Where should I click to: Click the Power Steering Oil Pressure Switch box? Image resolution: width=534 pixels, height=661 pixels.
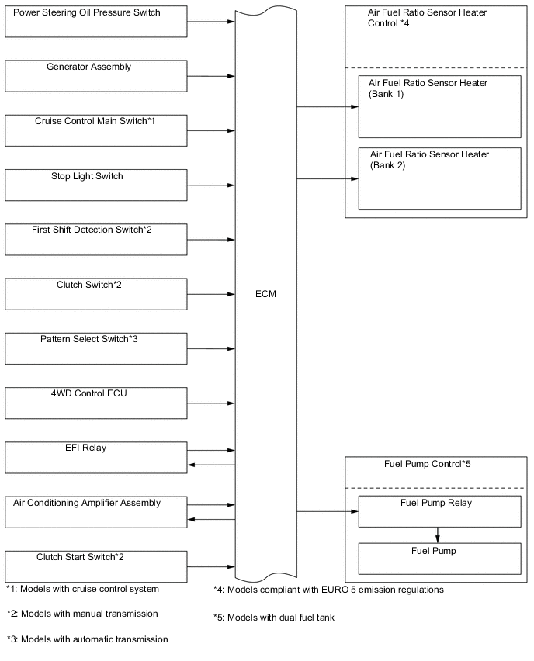coord(95,21)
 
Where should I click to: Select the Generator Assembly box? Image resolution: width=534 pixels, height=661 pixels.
coord(95,75)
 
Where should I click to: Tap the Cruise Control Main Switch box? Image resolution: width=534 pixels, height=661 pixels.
coord(95,130)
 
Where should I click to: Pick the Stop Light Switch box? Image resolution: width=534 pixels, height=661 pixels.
coord(95,185)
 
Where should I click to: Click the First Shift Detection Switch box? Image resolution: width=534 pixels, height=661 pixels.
coord(95,239)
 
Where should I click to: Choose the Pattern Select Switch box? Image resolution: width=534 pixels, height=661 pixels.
coord(95,348)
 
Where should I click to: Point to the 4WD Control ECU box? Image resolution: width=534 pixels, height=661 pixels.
coord(95,403)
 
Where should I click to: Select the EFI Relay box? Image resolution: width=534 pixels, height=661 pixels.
coord(95,457)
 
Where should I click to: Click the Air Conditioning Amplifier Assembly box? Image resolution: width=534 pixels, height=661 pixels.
coord(95,512)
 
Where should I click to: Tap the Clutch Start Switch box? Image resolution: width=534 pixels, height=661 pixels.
coord(95,566)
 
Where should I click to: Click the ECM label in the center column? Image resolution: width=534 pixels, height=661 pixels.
coord(265,295)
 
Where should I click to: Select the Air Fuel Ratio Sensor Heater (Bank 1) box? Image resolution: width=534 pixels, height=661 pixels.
coord(439,106)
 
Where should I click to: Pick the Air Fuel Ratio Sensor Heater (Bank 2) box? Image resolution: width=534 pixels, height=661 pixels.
coord(439,178)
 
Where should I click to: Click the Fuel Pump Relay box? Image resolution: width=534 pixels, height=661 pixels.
coord(439,511)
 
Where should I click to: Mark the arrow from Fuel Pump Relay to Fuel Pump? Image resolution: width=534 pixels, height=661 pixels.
coord(439,535)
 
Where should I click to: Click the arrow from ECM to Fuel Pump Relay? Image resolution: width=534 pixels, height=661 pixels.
coord(327,512)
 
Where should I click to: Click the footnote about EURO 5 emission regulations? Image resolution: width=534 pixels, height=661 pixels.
coord(328,590)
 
